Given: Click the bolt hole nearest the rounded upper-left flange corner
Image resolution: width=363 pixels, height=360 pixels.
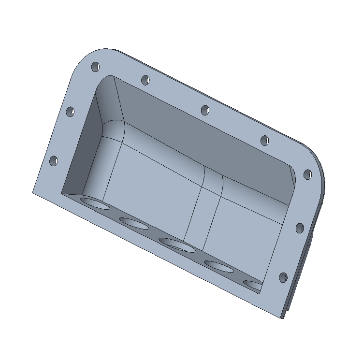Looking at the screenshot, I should coord(95,66).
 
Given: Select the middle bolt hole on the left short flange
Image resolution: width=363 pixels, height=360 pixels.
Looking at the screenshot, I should coord(71,112).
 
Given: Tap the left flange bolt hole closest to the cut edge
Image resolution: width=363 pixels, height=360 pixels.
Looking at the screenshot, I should coord(54,161).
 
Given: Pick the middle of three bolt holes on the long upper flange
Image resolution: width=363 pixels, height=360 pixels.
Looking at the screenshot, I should coord(205,110).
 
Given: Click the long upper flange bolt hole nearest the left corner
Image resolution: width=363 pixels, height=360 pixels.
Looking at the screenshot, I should coord(145,80).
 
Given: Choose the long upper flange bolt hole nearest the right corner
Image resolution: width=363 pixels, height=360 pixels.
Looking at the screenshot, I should coord(265,141).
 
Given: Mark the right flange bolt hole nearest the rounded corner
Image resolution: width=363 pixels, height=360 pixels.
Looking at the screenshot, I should coord(307,174).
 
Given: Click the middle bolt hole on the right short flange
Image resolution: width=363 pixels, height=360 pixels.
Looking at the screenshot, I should coord(299,228).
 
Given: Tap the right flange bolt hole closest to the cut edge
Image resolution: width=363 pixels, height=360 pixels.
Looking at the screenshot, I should coord(283,278).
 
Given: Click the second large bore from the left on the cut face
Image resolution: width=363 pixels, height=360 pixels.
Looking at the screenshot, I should coord(134,223).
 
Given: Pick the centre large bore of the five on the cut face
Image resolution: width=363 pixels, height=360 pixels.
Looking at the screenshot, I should coord(177,245).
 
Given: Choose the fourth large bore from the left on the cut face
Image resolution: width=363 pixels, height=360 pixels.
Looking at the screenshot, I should coord(219,266).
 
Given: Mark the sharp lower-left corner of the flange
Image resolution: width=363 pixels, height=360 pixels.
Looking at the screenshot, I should coord(33,192).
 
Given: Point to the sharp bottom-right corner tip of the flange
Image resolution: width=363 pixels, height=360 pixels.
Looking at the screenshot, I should coord(283,318).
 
